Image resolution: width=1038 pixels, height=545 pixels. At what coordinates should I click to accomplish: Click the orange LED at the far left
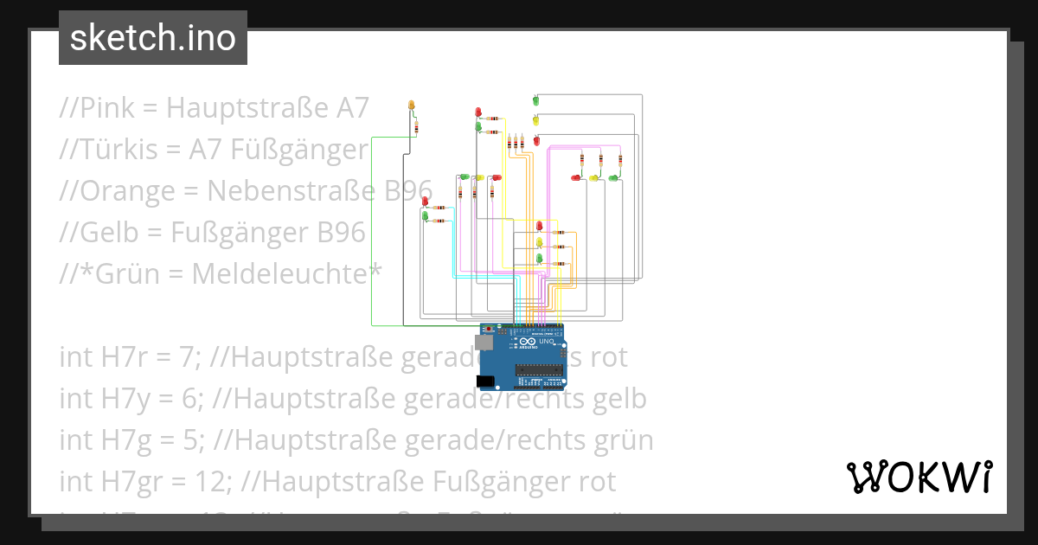pos(412,106)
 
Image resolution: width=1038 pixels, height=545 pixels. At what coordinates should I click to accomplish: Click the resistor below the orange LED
pos(416,127)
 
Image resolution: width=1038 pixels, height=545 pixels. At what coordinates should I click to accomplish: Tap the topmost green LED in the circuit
pos(535,101)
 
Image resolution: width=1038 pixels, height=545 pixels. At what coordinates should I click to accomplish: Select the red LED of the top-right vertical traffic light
pos(536,139)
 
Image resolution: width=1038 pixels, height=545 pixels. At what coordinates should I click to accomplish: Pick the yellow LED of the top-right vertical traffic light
pos(535,120)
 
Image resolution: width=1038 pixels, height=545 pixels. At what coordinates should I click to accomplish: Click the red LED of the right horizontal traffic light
pos(576,177)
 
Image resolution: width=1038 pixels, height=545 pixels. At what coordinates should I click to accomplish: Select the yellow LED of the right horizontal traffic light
pos(594,177)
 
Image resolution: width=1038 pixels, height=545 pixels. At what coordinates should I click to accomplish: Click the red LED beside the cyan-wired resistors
pos(425,202)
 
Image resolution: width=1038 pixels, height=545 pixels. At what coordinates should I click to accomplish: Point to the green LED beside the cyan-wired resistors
pos(425,216)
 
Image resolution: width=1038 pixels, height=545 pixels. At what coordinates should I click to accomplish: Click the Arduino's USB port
pos(486,343)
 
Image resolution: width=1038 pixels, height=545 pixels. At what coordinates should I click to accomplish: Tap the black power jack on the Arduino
pos(487,381)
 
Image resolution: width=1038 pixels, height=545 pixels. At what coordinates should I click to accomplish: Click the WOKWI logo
pos(919,477)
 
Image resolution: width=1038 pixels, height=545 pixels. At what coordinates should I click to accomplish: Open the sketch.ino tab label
pos(153,38)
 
